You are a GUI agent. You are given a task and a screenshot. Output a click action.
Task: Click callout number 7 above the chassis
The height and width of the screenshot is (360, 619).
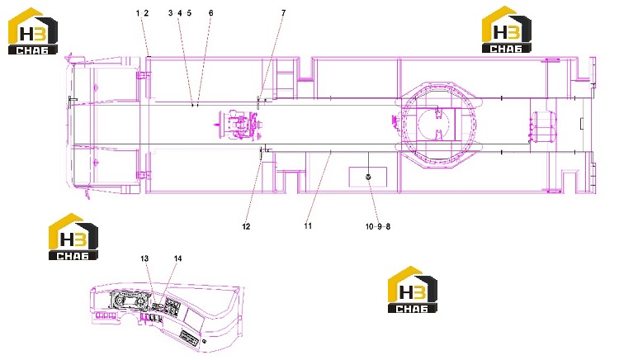283,13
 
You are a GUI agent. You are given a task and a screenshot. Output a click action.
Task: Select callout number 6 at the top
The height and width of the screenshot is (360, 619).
210,13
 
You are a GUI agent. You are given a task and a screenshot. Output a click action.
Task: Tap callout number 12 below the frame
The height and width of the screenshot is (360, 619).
246,226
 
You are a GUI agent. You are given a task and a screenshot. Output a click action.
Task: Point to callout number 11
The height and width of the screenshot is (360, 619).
308,225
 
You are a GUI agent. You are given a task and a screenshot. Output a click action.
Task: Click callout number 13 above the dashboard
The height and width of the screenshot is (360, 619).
144,258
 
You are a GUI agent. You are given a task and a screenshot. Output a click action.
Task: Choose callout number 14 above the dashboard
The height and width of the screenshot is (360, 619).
177,258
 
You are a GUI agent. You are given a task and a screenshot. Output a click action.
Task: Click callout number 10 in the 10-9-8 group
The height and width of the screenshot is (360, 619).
369,226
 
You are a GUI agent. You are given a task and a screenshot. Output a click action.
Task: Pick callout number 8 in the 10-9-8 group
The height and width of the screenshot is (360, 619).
388,226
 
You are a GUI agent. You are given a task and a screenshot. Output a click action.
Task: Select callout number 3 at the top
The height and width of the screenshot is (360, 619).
171,13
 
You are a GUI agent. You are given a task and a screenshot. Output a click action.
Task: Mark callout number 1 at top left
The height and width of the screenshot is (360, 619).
138,13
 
